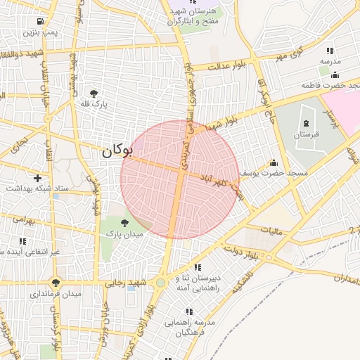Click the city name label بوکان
(116, 150)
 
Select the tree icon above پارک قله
(93, 92)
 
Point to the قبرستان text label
(306, 134)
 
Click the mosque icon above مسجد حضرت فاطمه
(334, 75)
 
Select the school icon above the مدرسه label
(329, 51)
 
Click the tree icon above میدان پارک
(124, 222)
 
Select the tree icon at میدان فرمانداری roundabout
(56, 283)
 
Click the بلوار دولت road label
(241, 250)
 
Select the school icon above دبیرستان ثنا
(198, 267)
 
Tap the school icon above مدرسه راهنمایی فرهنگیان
(189, 311)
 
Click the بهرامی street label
(22, 221)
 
